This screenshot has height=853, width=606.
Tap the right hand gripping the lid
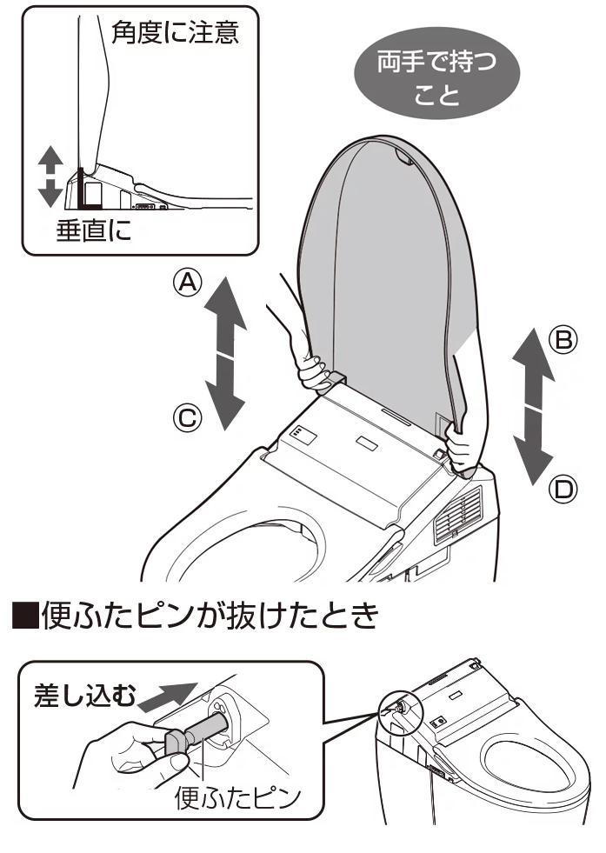[463, 444]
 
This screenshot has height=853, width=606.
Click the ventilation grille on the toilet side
[461, 513]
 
